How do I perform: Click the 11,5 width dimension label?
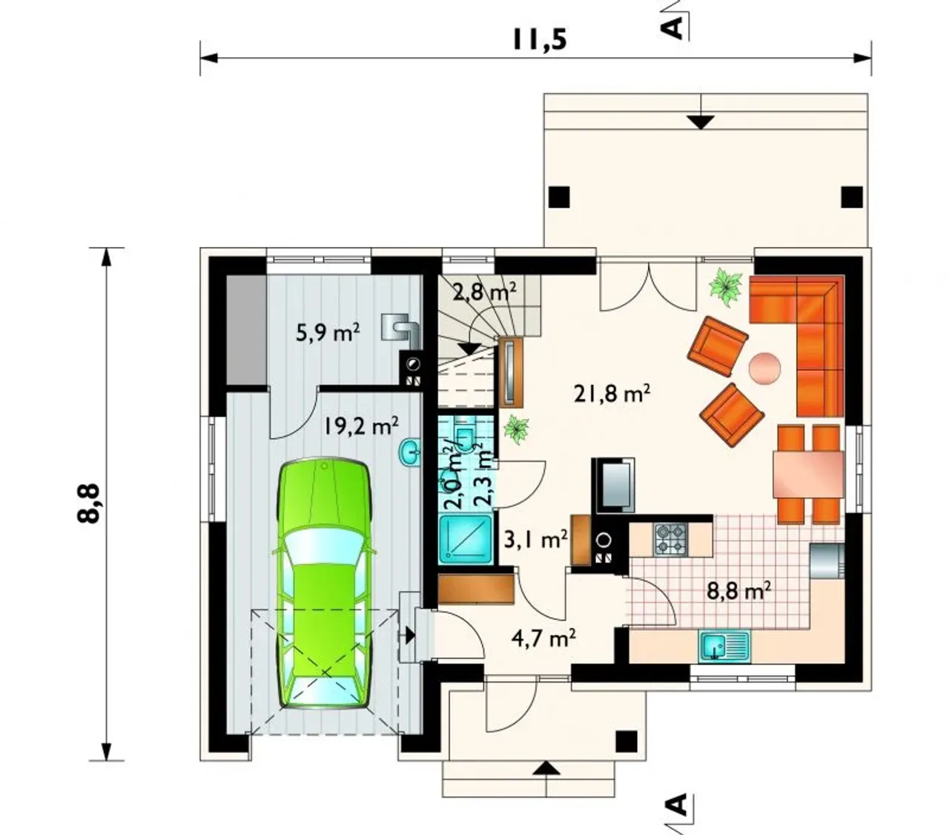coord(539,39)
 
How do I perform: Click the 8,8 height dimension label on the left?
coord(87,504)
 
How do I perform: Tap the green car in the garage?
coord(324,585)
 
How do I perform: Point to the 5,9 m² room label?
coord(328,333)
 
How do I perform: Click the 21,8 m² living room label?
coord(612,394)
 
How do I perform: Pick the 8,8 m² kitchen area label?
coord(738,590)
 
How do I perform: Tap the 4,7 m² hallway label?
coord(543,638)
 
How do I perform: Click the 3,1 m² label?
coord(536,540)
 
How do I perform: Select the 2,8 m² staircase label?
coord(484,293)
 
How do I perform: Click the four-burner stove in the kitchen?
coord(671,539)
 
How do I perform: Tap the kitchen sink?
coord(724,646)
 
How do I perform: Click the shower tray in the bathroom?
coord(466,539)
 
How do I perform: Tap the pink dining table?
coord(807,474)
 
